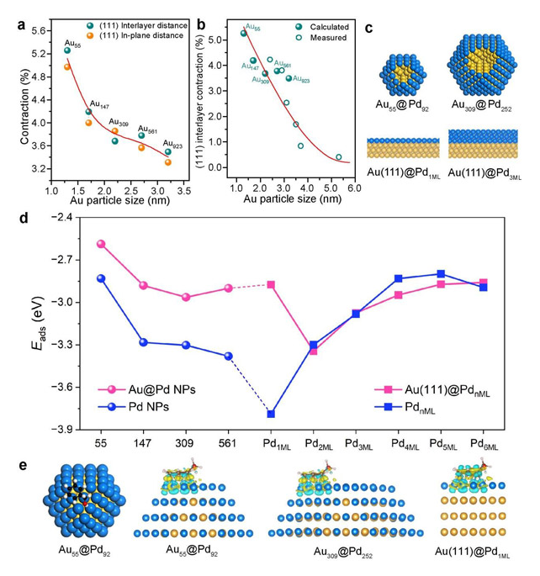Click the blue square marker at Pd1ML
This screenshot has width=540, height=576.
(x=271, y=414)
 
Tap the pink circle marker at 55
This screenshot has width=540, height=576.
(x=101, y=244)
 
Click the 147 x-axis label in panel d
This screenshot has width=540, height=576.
(x=144, y=442)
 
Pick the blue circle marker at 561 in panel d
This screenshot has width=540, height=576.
(x=228, y=356)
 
